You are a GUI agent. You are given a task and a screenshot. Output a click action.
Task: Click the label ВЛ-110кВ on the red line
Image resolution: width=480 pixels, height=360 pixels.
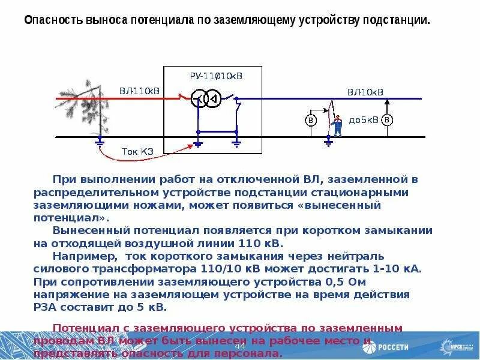[x=139, y=91]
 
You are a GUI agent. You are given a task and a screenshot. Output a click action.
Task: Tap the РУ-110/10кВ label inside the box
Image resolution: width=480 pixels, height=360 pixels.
[x=216, y=76]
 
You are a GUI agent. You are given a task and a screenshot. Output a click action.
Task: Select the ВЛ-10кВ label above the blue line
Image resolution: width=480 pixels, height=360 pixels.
[x=365, y=92]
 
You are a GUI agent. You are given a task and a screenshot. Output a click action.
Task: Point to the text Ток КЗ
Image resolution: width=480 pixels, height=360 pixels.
[x=137, y=151]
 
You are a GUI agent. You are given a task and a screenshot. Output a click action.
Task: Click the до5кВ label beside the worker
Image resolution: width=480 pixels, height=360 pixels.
[x=364, y=120]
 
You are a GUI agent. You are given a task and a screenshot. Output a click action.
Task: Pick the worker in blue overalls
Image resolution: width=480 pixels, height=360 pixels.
[x=338, y=125]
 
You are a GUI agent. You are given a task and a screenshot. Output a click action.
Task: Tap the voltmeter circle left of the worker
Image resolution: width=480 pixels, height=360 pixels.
[x=311, y=120]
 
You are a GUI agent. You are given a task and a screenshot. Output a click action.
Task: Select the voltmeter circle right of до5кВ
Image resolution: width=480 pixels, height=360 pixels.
[x=388, y=120]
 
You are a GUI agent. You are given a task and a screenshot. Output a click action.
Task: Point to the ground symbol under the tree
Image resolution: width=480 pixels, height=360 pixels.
[x=100, y=143]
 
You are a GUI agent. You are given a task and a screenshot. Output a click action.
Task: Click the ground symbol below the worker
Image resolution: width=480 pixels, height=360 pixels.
[x=328, y=143]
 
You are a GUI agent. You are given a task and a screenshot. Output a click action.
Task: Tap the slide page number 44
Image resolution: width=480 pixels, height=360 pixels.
[x=240, y=347]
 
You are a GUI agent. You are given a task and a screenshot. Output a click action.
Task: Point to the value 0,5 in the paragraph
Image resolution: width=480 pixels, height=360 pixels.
[x=322, y=281]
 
